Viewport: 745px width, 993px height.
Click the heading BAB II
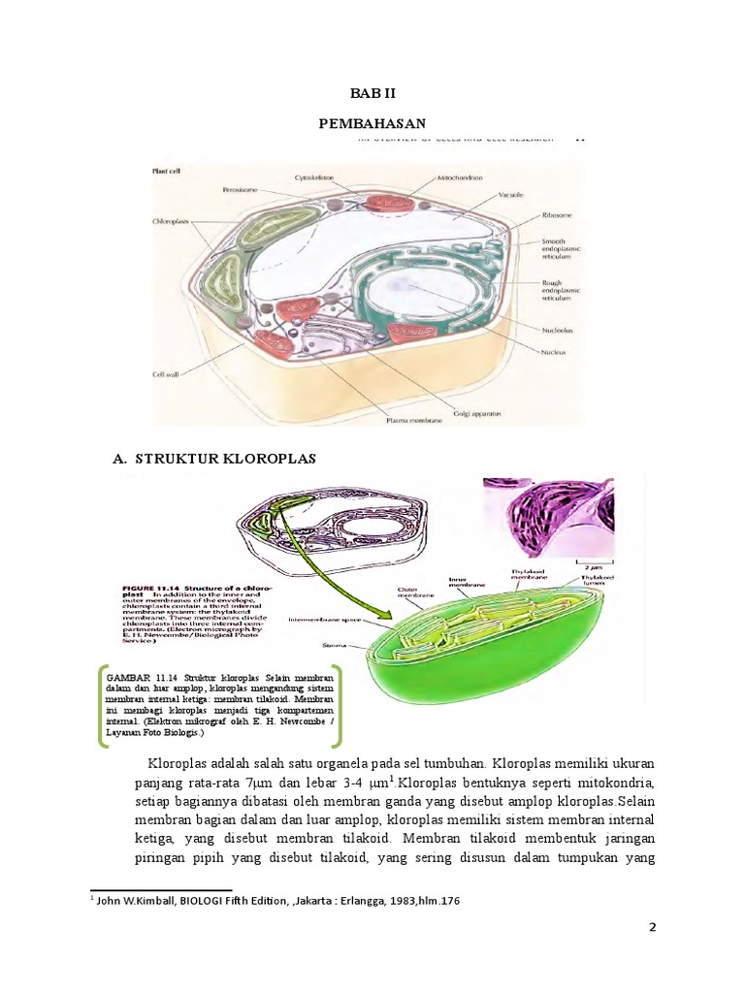pos(372,93)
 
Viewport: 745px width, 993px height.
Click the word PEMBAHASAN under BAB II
pos(372,122)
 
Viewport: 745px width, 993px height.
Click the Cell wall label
pos(168,371)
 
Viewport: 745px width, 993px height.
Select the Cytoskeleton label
pos(315,178)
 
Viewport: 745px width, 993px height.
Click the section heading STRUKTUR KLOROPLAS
pos(230,458)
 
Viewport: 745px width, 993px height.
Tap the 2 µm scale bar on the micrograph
pos(587,561)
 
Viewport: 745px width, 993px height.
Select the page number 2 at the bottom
pos(653,927)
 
